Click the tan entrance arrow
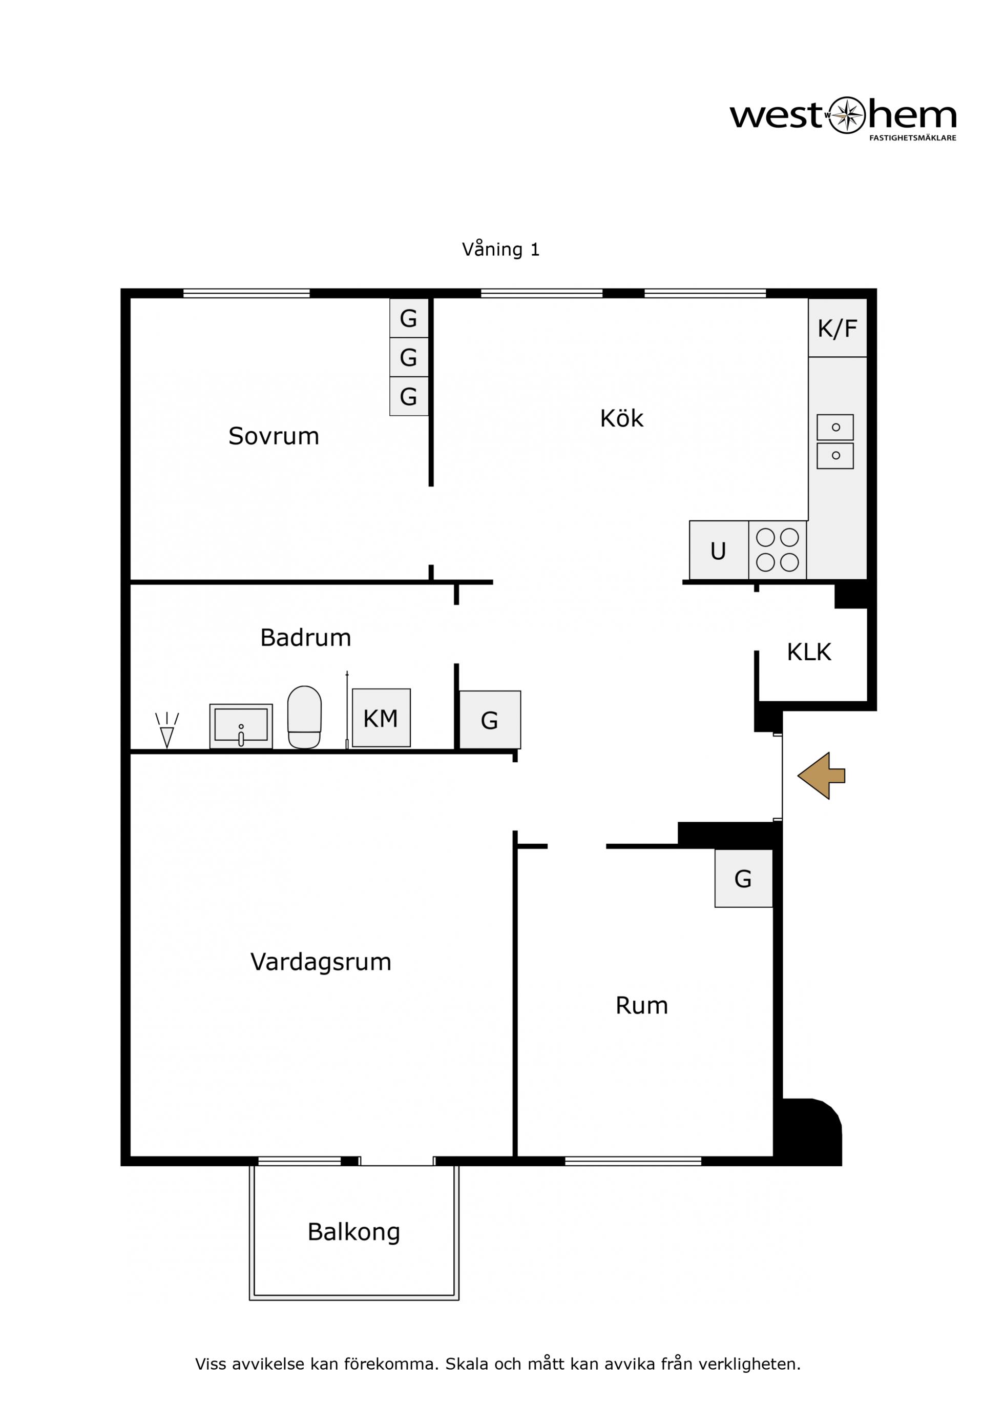click(x=821, y=776)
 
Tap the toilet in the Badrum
click(x=304, y=717)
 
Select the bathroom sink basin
click(x=241, y=726)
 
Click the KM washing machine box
click(x=381, y=718)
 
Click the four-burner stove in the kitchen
click(x=778, y=550)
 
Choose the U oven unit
click(x=719, y=550)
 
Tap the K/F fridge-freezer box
click(x=838, y=328)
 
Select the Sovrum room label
click(x=274, y=436)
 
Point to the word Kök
click(x=622, y=418)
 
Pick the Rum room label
click(x=642, y=1006)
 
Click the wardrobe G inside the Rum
click(x=744, y=878)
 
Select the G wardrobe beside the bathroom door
click(x=490, y=720)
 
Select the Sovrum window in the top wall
click(x=246, y=293)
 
